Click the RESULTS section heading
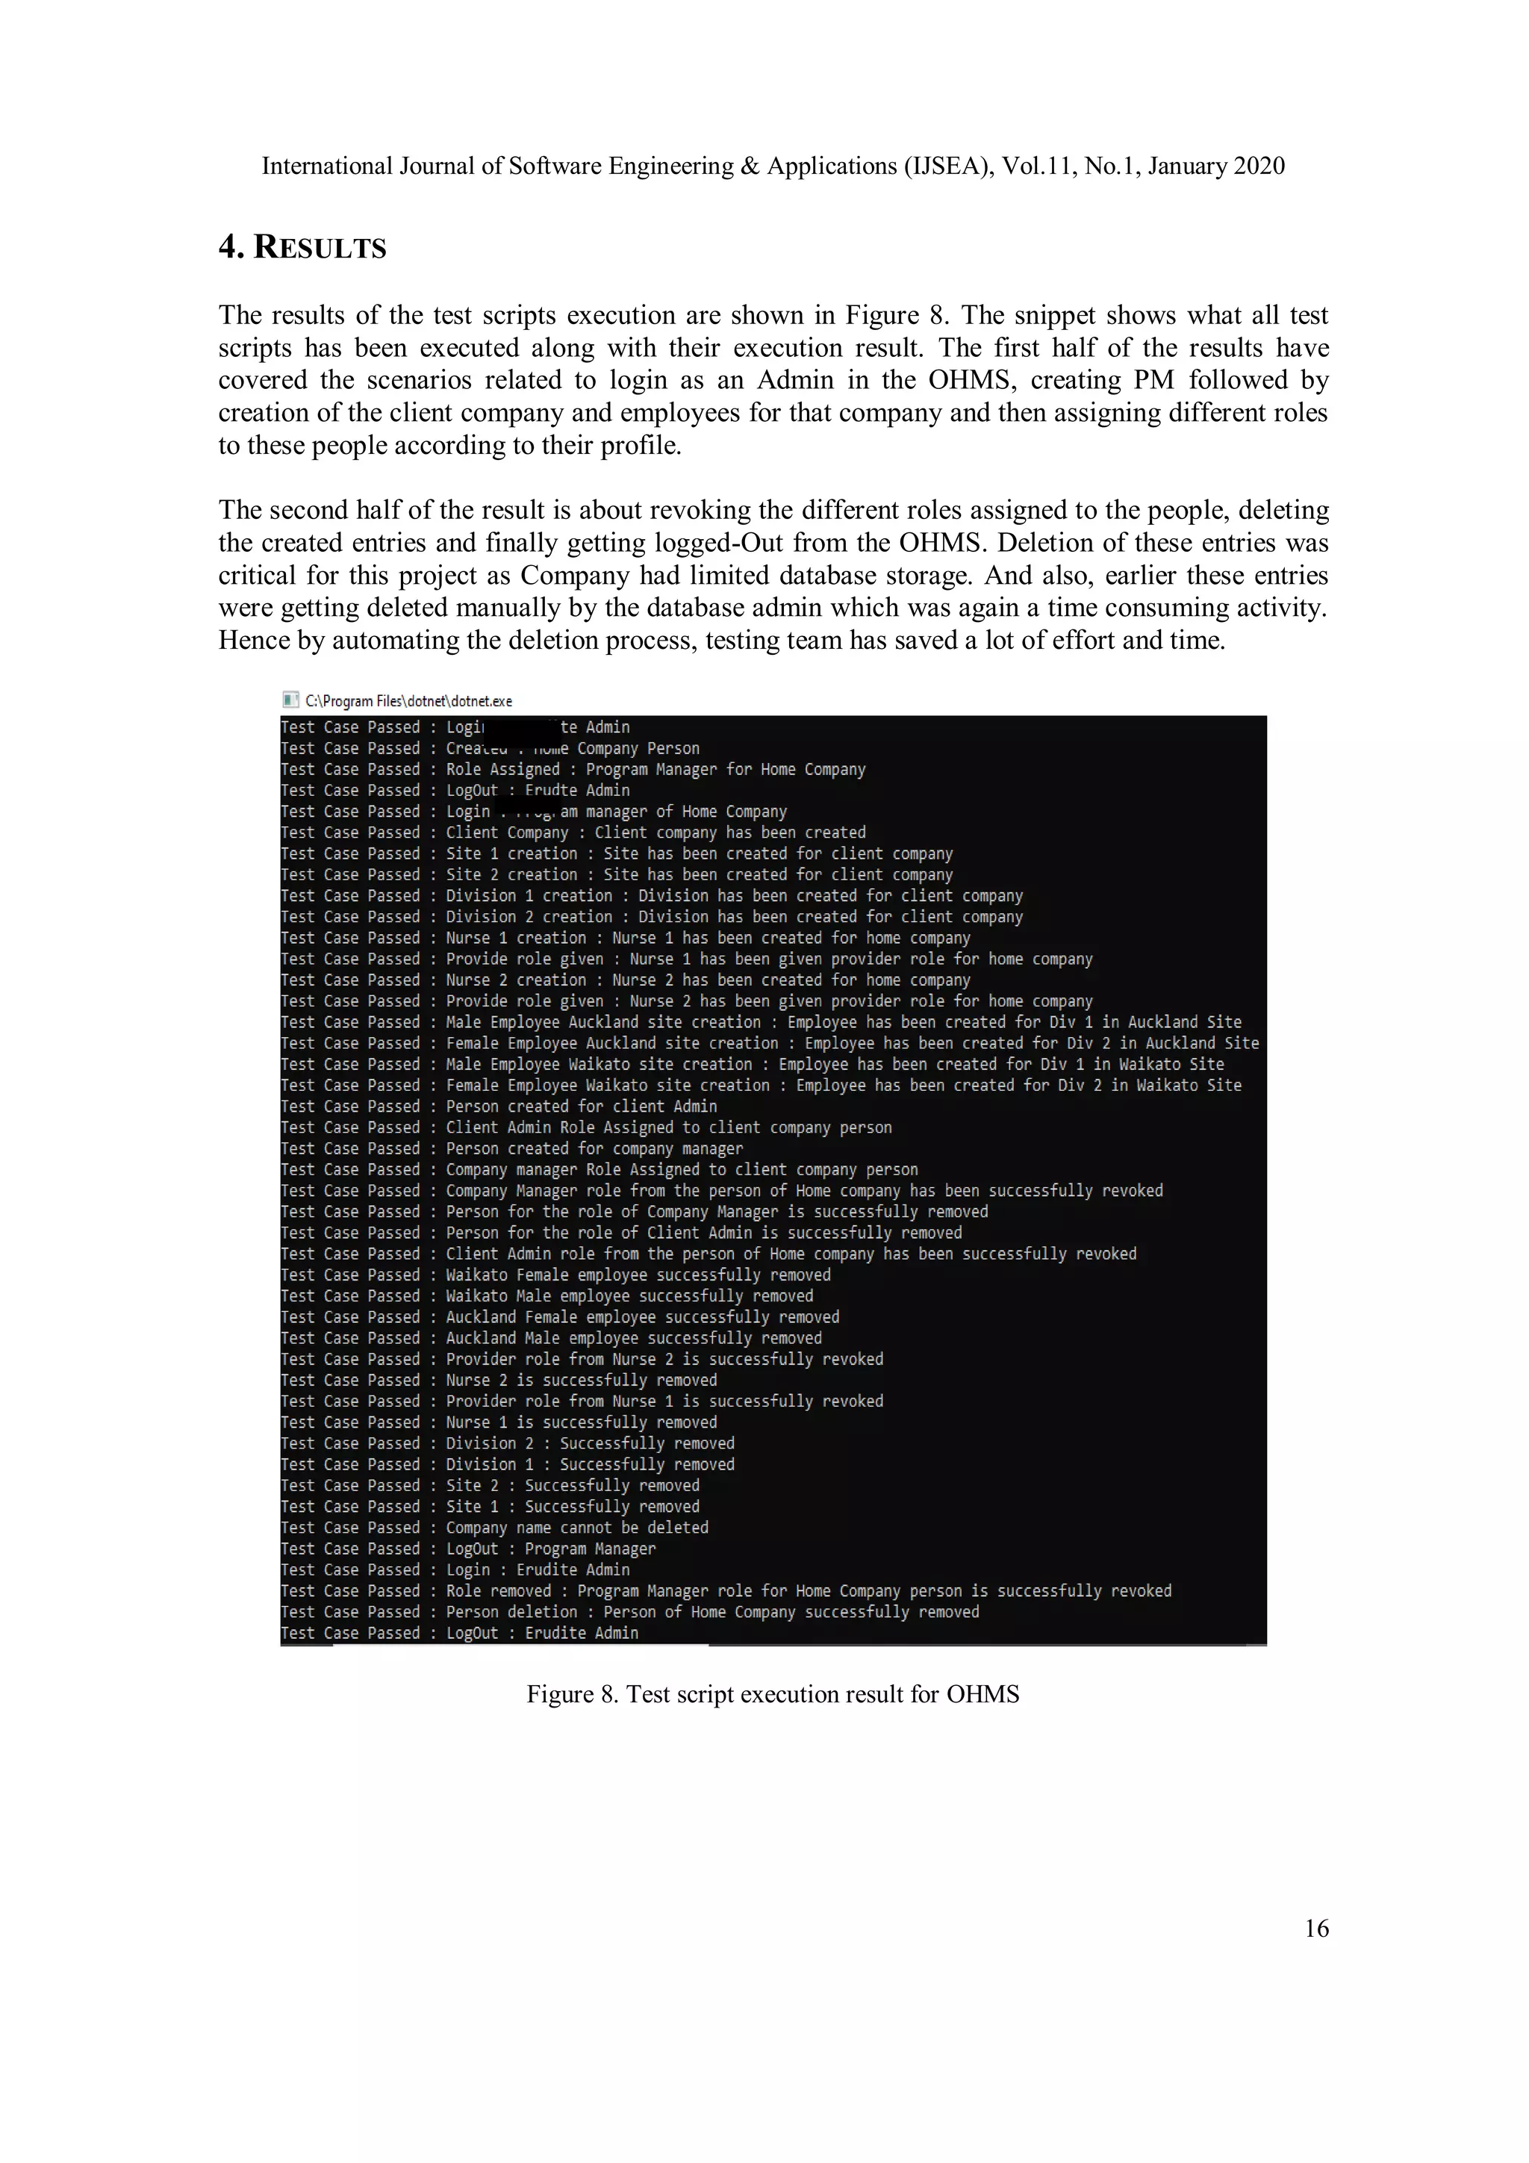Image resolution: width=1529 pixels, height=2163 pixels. tap(302, 248)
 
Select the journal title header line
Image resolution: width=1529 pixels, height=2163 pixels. tap(773, 166)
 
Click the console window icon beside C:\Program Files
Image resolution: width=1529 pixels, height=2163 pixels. tap(290, 699)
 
